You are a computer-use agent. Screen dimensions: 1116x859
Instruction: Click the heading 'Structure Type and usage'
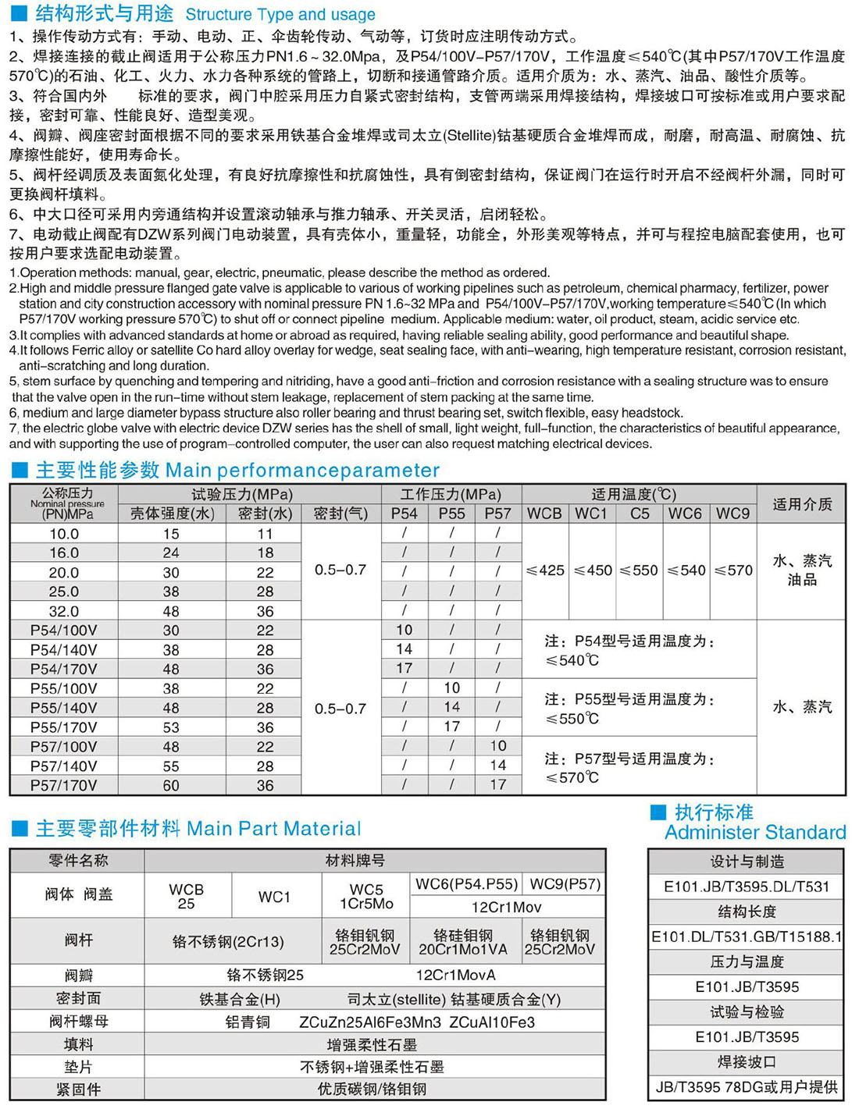tap(280, 14)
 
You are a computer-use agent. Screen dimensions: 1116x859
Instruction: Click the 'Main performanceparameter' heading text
tap(303, 470)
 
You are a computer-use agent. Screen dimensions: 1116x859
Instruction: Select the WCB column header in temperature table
tap(544, 514)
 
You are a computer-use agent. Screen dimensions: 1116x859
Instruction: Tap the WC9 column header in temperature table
tap(732, 514)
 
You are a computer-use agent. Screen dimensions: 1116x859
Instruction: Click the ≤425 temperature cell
tap(545, 570)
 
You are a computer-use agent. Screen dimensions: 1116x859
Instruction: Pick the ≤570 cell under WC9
tap(733, 570)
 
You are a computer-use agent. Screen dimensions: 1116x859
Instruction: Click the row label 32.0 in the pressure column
tap(64, 611)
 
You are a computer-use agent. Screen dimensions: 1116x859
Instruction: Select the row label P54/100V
tap(64, 630)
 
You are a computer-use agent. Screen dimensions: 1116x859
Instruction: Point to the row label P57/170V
tap(64, 785)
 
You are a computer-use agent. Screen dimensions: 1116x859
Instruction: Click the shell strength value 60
tap(171, 785)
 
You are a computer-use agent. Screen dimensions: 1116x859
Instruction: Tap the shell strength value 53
tap(171, 727)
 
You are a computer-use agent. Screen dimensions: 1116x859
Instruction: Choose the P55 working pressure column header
tap(451, 514)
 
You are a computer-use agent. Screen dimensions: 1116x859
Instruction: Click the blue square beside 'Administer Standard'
tap(658, 812)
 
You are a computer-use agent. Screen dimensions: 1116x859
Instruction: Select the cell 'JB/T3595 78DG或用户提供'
tap(747, 1087)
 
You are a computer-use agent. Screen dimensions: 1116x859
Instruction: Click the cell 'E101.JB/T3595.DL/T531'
tap(747, 887)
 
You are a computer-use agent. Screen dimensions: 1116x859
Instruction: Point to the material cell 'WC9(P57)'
tap(565, 884)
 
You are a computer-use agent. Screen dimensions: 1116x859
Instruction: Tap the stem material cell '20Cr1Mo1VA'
tap(463, 942)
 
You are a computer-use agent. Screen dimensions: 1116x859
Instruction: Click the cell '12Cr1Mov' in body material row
tap(506, 907)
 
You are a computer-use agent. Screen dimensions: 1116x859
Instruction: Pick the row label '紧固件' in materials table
tap(78, 1089)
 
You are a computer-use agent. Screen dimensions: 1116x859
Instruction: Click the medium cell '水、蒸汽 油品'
tap(802, 570)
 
